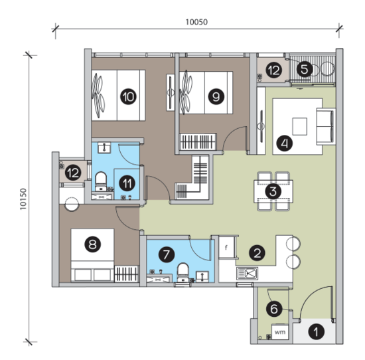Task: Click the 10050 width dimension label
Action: click(196, 22)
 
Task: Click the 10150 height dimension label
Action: click(23, 199)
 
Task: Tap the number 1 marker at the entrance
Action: click(317, 331)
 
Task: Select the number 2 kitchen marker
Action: click(257, 252)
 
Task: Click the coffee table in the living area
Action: click(299, 126)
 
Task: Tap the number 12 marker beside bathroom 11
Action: click(73, 173)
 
